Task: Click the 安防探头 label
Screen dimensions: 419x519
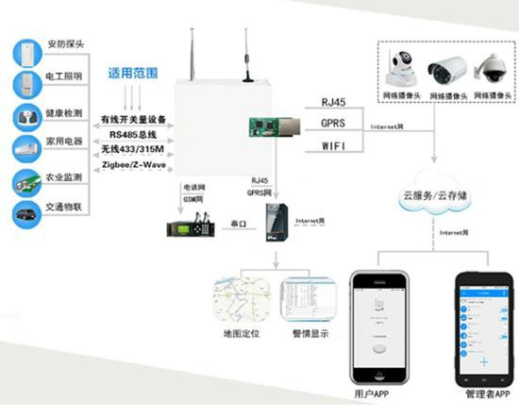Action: [65, 44]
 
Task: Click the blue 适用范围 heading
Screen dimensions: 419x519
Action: [132, 73]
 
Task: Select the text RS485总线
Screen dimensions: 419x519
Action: [133, 134]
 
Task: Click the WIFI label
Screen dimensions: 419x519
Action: [335, 146]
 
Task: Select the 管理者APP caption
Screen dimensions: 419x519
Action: [484, 392]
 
